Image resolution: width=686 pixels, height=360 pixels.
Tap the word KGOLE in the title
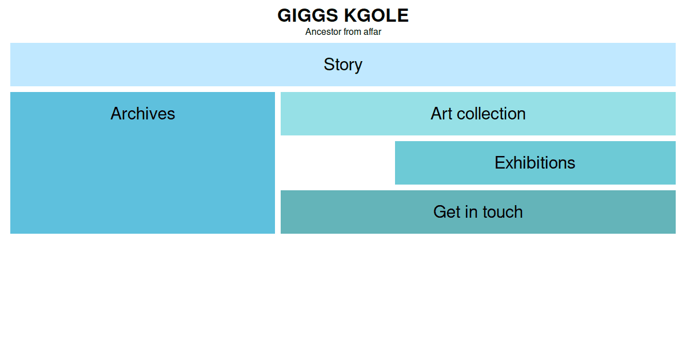pyautogui.click(x=376, y=15)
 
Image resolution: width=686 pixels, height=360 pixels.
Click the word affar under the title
pyautogui.click(x=372, y=32)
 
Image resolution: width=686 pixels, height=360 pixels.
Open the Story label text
pyautogui.click(x=343, y=65)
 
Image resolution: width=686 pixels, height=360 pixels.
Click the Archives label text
pyautogui.click(x=143, y=114)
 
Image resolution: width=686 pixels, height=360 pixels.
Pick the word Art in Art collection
pyautogui.click(x=441, y=114)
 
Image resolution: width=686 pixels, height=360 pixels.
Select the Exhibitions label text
pyautogui.click(x=535, y=162)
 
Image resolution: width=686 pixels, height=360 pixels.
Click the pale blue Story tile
pyautogui.click(x=343, y=65)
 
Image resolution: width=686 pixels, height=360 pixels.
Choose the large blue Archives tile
pyautogui.click(x=143, y=163)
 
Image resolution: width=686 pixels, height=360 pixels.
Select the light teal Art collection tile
pyautogui.click(x=478, y=114)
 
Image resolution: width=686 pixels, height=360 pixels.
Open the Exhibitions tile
pyautogui.click(x=535, y=163)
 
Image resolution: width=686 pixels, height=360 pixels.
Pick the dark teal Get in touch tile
pyautogui.click(x=478, y=212)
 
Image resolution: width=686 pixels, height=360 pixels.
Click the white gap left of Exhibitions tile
pyautogui.click(x=338, y=163)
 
